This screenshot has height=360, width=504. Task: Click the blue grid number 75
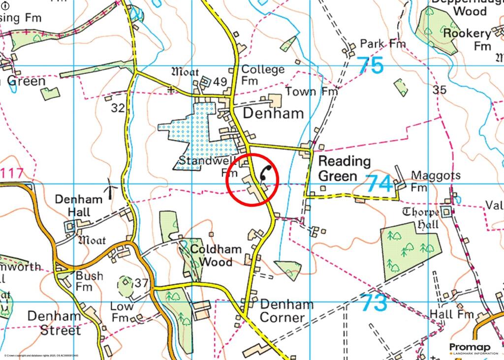(x=370, y=65)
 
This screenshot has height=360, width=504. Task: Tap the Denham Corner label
(x=286, y=311)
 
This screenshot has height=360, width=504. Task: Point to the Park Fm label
(x=382, y=44)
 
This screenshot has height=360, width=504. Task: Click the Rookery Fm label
(x=468, y=39)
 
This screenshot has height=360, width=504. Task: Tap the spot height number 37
(x=141, y=283)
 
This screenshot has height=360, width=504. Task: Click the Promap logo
(x=470, y=349)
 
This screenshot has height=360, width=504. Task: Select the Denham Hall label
(x=79, y=206)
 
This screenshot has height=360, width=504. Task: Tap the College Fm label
(x=263, y=75)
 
